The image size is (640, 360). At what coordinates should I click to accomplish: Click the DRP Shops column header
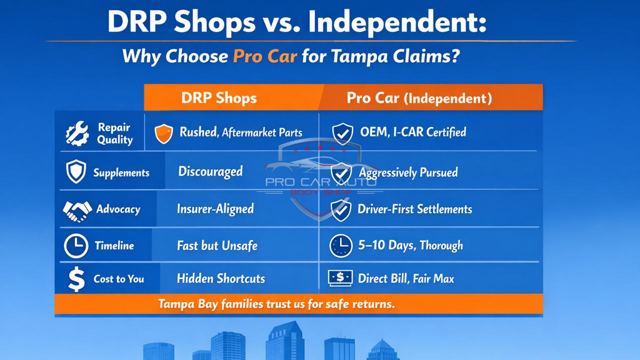click(219, 98)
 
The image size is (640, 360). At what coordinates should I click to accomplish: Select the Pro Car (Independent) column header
click(419, 98)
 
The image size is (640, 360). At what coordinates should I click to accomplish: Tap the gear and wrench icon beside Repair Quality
click(77, 133)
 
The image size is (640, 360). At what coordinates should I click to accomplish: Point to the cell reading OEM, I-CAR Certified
click(413, 132)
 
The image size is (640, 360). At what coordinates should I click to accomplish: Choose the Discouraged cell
click(210, 171)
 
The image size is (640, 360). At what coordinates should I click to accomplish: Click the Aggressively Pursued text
click(408, 172)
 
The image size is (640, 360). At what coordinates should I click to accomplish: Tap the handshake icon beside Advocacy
click(77, 210)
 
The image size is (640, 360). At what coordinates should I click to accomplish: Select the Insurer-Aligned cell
click(215, 208)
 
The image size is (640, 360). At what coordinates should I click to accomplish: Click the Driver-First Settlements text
click(414, 209)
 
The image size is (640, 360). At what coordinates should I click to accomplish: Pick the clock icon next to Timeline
click(76, 246)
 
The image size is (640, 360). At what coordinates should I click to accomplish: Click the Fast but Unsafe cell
click(217, 245)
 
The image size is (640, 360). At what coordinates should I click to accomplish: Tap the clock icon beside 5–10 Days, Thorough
click(341, 246)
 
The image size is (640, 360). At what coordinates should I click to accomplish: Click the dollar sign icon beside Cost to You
click(76, 279)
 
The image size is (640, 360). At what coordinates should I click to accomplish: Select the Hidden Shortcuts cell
click(220, 278)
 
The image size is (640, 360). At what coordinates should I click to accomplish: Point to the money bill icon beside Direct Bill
click(340, 278)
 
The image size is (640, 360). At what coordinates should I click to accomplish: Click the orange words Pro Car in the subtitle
click(264, 56)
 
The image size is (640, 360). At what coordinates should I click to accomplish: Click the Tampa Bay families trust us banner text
click(276, 303)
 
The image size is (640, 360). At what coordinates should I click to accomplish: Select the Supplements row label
click(121, 173)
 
